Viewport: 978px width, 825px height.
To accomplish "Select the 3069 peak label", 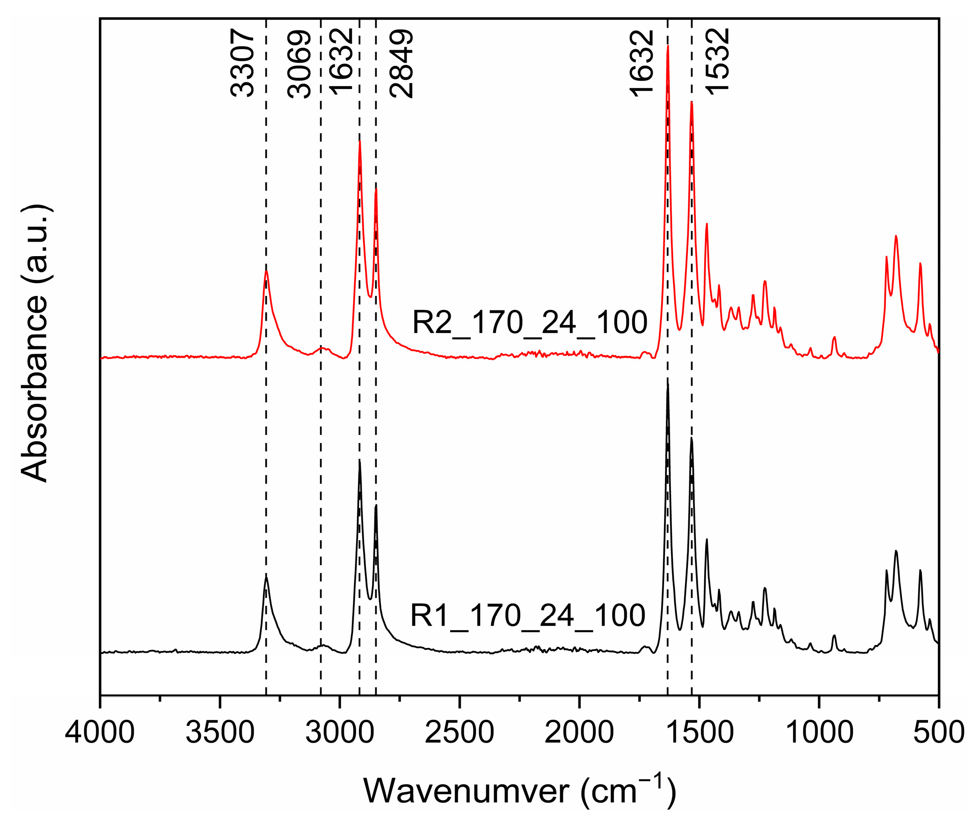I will point(299,64).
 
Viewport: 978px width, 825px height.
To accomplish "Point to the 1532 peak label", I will point(717,62).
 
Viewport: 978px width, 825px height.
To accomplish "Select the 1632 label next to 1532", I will point(641,64).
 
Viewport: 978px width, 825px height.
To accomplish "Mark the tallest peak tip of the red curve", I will point(668,46).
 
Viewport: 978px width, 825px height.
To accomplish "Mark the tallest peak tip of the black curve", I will point(668,384).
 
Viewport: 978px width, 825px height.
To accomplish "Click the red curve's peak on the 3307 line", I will point(266,271).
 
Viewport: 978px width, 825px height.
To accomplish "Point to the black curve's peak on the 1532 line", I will point(692,438).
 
